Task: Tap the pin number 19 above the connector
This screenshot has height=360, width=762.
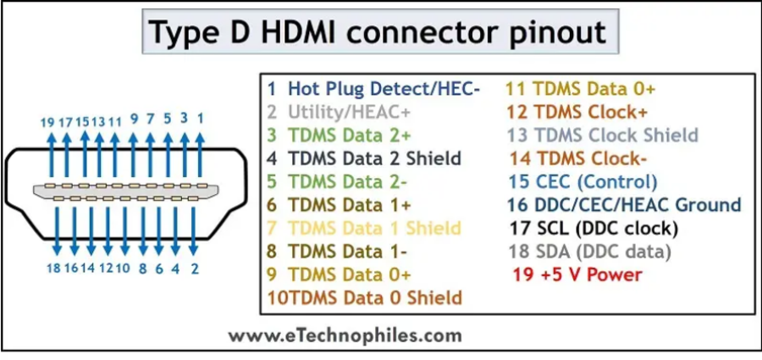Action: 47,122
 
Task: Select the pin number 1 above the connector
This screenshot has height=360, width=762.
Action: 200,118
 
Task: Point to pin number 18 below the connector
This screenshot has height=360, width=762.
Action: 53,268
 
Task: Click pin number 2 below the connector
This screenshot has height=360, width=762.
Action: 195,269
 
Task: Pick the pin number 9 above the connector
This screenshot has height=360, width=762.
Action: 134,119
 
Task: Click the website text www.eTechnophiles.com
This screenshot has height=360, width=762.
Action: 345,335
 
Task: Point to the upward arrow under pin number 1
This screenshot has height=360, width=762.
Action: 200,156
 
